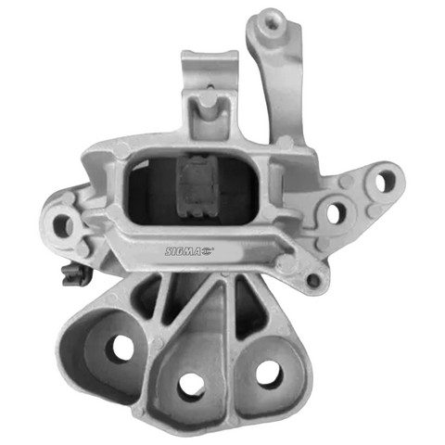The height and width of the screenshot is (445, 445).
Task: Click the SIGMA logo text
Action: pyautogui.click(x=183, y=251)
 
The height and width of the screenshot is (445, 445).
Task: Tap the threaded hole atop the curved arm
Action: pyautogui.click(x=272, y=25)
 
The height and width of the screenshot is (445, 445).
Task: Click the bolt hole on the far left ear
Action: pyautogui.click(x=63, y=225)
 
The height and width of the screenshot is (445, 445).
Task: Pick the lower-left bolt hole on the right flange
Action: pyautogui.click(x=337, y=212)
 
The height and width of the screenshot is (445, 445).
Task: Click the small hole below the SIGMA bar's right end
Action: pyautogui.click(x=314, y=281)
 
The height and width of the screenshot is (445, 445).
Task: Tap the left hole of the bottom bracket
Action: pyautogui.click(x=120, y=349)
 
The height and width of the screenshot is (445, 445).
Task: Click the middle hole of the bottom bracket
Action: pyautogui.click(x=192, y=388)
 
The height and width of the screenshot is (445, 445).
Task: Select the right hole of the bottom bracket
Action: pyautogui.click(x=270, y=375)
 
